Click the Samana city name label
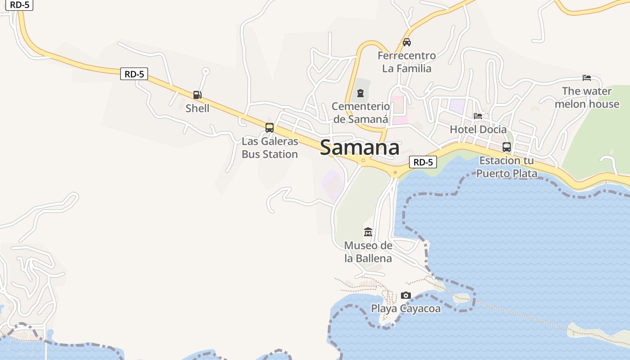coord(360,148)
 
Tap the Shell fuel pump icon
coord(197,94)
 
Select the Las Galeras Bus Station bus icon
coord(270,127)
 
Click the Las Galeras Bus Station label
coord(270,148)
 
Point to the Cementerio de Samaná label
coord(360,112)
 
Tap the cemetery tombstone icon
coord(360,93)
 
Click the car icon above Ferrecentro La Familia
coord(407,42)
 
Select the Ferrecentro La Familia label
coord(407,62)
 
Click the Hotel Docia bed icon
coord(478,116)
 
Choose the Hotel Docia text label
coord(478,130)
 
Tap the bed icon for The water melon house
coord(587,77)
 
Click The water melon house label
coord(587,98)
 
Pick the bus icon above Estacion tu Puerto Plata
coord(507,147)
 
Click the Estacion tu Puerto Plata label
coord(507,167)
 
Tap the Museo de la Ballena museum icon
coord(368,232)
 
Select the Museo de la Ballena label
coord(368,252)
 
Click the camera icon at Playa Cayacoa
coord(406,295)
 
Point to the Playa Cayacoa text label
coord(406,309)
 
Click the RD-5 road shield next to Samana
coord(423,162)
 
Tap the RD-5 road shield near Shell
coord(134,74)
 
